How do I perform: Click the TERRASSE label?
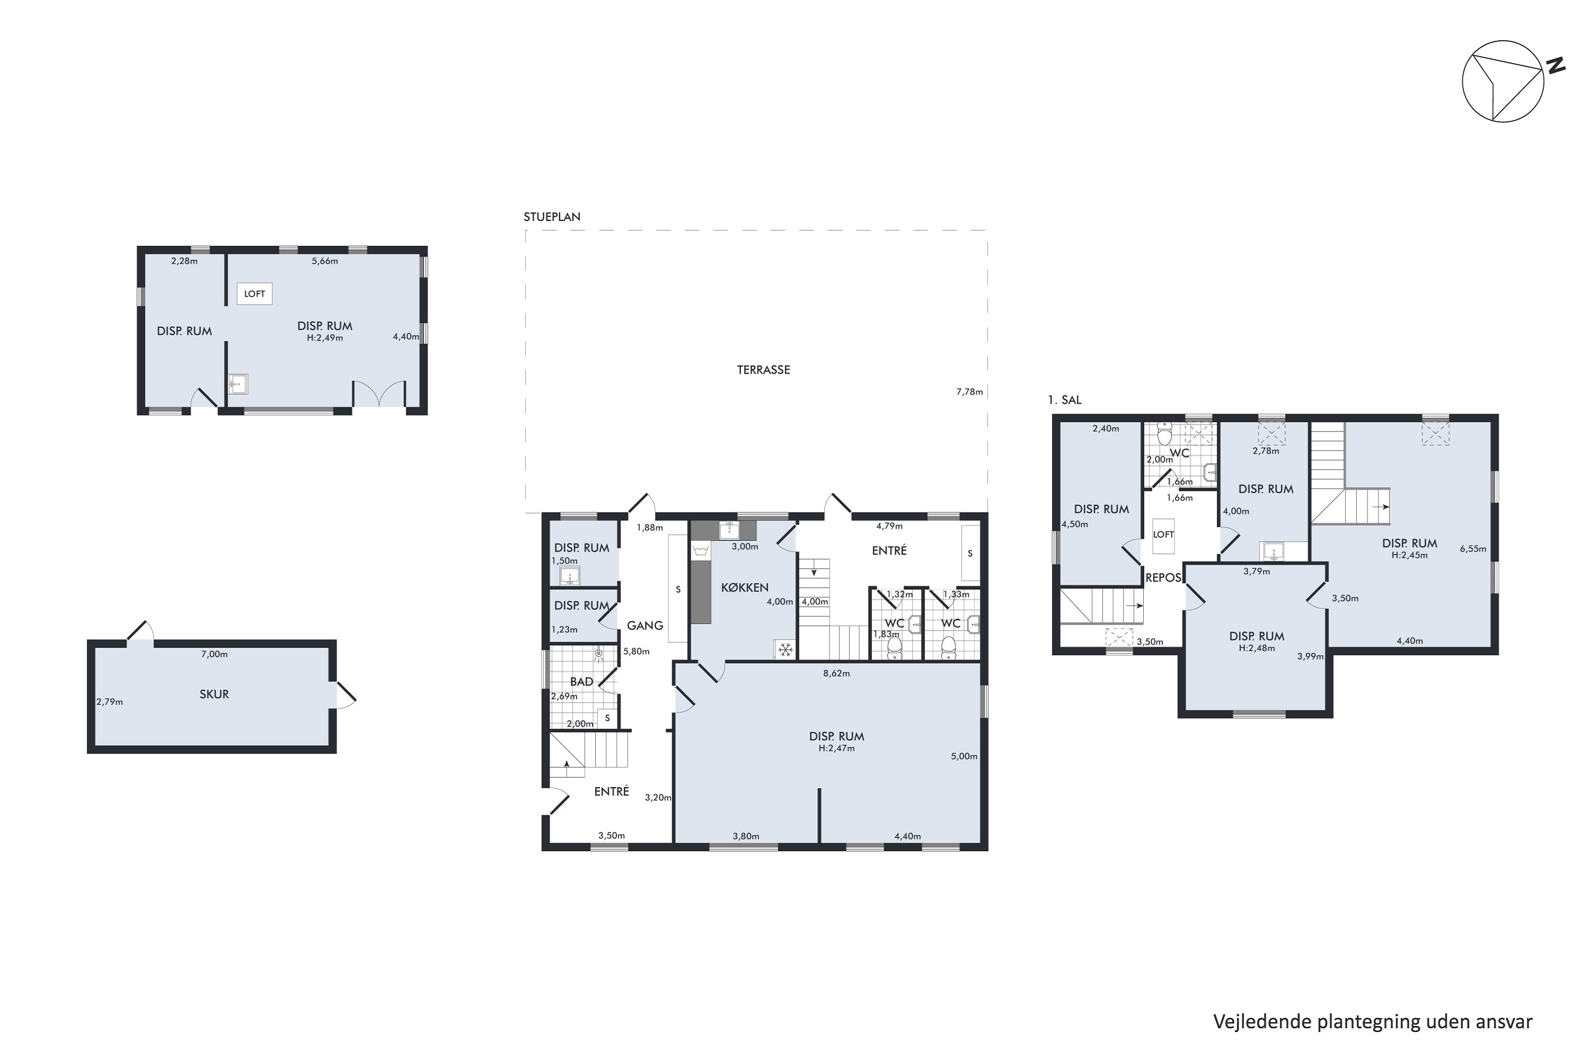coord(763,370)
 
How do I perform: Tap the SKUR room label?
coord(214,694)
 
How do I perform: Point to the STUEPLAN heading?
coord(552,217)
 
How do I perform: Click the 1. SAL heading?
coord(1065,400)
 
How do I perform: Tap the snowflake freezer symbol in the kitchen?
coord(785,650)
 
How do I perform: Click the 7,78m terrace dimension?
coord(969,392)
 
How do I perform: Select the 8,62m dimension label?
coord(836,673)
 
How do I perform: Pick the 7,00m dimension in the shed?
coord(214,655)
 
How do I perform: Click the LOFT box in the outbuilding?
coord(254,294)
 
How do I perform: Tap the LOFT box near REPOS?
coord(1163,535)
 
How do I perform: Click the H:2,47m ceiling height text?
coord(836,748)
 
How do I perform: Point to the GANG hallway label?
coord(645,626)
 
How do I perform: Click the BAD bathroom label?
coord(581,682)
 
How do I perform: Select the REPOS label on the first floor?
coord(1163,578)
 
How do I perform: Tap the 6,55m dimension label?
coord(1473,549)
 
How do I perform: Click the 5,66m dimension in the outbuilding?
coord(324,261)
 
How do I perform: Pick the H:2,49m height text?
coord(324,338)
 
